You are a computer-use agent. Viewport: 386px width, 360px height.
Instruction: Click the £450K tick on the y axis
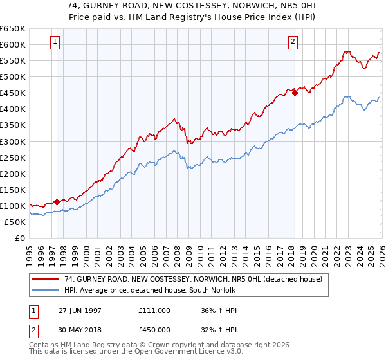pos(13,93)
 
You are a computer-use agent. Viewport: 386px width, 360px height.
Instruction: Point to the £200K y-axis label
pos(13,174)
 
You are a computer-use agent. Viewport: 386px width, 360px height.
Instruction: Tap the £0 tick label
pos(19,239)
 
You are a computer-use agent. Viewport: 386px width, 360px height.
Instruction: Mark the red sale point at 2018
pos(295,93)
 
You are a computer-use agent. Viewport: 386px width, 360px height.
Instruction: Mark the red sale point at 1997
pos(57,202)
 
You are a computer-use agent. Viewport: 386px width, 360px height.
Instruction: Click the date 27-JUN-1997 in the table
pos(80,310)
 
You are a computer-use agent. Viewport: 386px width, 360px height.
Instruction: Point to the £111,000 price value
pos(154,310)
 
